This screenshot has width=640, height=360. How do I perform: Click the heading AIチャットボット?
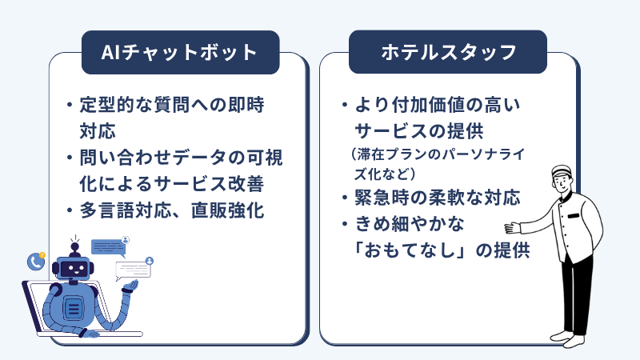[178, 52]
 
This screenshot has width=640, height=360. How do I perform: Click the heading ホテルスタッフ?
[449, 52]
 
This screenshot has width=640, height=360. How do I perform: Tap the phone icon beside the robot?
[36, 262]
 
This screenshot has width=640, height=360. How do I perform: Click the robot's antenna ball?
[74, 247]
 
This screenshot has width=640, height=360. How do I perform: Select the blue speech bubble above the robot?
[108, 248]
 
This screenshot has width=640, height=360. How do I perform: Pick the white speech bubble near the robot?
[133, 270]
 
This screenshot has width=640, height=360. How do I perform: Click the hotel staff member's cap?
[562, 170]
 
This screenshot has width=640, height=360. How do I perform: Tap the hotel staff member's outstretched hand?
[512, 227]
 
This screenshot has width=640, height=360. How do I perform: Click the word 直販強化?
[228, 210]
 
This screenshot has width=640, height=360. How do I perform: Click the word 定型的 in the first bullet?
[107, 105]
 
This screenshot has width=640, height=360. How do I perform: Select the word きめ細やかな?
[410, 224]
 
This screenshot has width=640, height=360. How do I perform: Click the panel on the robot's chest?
[74, 308]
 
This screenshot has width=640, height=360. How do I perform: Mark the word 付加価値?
[429, 105]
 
